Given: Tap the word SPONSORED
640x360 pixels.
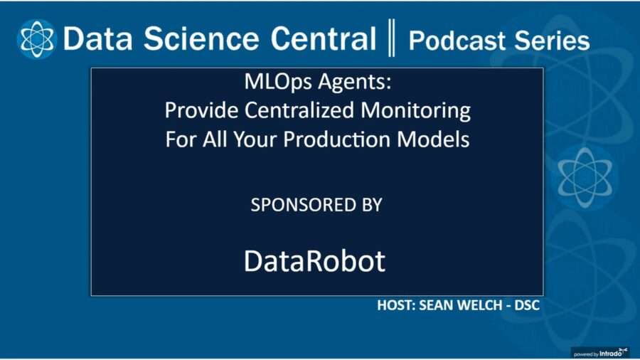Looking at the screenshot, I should click(299, 205).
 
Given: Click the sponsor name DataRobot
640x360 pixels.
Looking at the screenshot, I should click(314, 261).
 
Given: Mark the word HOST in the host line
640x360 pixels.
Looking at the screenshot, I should click(395, 307).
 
